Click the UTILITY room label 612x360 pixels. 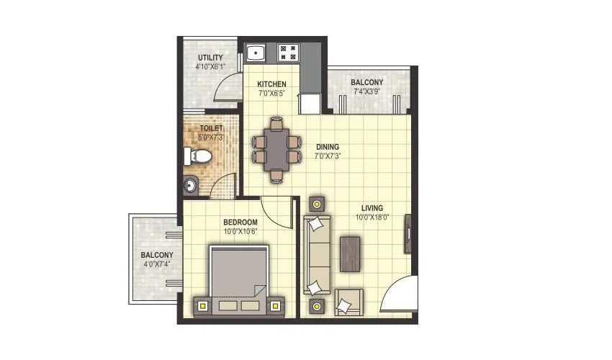coord(210,58)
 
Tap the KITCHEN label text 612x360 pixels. coord(272,84)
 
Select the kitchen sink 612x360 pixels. coord(256,53)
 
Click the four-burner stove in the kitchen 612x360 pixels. coord(290,53)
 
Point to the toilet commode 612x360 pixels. coord(197,156)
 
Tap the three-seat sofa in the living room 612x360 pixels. coord(316,255)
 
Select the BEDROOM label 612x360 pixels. coord(240,222)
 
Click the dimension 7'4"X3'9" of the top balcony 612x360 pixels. coord(367,91)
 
